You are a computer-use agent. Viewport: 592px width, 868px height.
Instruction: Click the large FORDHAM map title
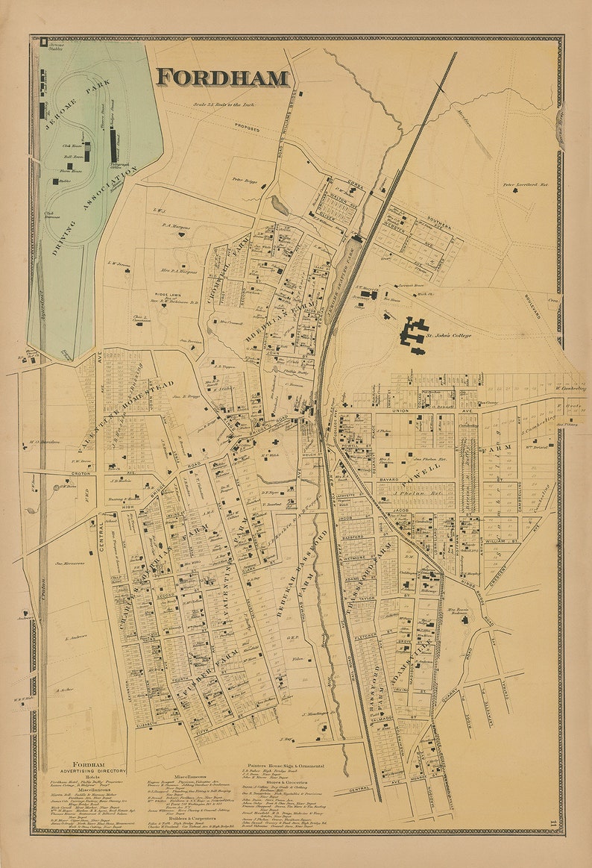tap(222, 78)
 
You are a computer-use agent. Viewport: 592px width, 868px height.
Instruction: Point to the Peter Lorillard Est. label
tap(526, 184)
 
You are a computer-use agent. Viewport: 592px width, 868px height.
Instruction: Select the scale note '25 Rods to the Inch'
tap(223, 105)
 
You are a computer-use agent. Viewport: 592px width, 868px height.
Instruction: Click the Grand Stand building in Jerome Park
tap(114, 146)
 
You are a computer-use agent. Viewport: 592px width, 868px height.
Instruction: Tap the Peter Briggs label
tap(244, 180)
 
